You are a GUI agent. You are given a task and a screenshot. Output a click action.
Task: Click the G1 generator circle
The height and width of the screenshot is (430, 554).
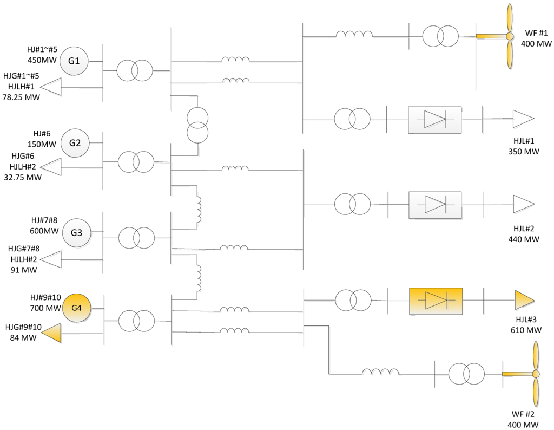click(x=74, y=61)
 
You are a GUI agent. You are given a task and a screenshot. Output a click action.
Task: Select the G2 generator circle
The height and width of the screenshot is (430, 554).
click(x=75, y=143)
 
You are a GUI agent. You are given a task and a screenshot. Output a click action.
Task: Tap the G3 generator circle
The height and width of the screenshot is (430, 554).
click(x=76, y=232)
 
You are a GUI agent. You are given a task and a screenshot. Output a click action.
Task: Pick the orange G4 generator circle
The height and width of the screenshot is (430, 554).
click(x=76, y=308)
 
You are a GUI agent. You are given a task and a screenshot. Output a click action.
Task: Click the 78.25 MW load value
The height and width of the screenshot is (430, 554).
click(x=21, y=97)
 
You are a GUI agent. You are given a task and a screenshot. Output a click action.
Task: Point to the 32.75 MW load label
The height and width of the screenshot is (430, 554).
click(x=22, y=177)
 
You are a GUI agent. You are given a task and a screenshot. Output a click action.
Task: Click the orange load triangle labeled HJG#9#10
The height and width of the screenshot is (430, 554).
click(x=51, y=332)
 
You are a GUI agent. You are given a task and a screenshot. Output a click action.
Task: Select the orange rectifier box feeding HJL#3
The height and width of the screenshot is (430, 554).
click(x=436, y=300)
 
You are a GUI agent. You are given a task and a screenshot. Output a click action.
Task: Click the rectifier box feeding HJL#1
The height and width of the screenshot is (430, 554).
click(x=434, y=119)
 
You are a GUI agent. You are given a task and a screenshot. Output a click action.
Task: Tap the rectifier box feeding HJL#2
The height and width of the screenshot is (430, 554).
click(x=434, y=204)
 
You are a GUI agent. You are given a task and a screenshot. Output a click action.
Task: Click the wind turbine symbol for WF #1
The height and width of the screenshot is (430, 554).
click(x=509, y=37)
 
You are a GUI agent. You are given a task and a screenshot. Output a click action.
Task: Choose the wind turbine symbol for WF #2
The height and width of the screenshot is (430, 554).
click(x=535, y=374)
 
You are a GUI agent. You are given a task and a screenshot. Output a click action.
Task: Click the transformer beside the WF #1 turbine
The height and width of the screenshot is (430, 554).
click(x=440, y=36)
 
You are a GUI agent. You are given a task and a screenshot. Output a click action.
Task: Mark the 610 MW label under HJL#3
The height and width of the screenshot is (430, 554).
click(x=525, y=330)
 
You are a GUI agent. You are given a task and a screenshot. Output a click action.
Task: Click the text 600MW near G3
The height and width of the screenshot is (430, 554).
click(x=44, y=231)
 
